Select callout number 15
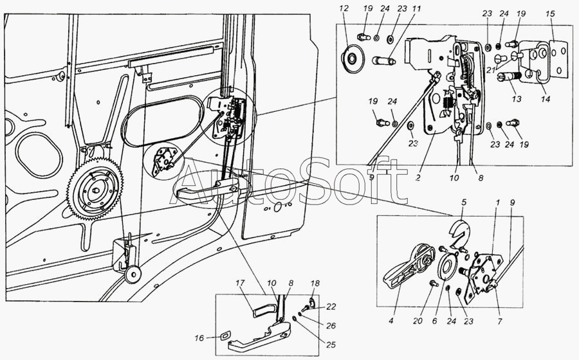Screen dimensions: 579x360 (x=550, y=14)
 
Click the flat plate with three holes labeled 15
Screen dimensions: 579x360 (x=558, y=59)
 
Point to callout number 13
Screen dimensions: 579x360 (x=517, y=99)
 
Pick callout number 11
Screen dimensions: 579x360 (x=416, y=8)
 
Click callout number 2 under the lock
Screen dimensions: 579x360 (x=418, y=178)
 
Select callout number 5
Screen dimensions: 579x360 (x=464, y=203)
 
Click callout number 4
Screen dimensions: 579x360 (x=391, y=321)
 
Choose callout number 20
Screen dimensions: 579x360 (x=418, y=321)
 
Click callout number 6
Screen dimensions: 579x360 (x=434, y=321)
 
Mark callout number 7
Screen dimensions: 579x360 (x=501, y=321)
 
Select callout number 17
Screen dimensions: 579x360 (x=241, y=283)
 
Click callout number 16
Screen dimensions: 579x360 (x=199, y=337)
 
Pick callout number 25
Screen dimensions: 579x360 (x=331, y=345)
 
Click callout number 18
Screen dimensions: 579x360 (x=315, y=283)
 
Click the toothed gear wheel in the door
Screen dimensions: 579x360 (x=95, y=189)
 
